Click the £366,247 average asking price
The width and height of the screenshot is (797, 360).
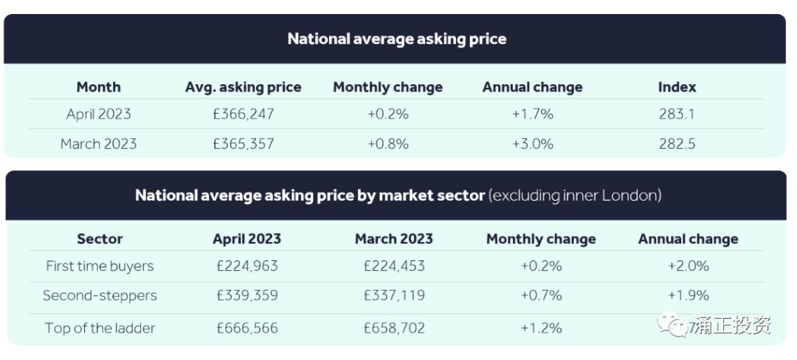tap(243, 114)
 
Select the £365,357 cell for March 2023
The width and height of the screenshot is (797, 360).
tap(243, 144)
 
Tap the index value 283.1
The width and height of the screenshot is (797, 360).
tap(677, 114)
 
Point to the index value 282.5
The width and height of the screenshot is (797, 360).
tap(677, 144)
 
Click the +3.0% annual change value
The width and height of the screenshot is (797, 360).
tap(532, 144)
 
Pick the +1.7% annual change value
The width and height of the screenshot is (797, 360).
tap(532, 114)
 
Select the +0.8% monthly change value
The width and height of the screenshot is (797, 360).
tap(387, 144)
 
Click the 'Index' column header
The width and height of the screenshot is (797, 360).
tap(677, 87)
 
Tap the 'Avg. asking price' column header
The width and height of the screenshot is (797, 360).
tap(243, 87)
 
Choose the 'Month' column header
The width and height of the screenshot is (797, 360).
tap(98, 87)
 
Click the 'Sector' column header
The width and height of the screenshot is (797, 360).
tap(100, 239)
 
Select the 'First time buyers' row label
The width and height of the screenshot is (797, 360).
tap(100, 266)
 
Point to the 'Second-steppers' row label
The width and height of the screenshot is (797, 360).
tap(100, 296)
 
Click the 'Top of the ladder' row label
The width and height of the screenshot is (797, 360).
tap(100, 328)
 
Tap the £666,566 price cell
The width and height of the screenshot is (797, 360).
tap(246, 328)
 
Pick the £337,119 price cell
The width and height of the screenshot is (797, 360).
tap(394, 296)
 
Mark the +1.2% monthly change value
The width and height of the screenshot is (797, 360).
tap(541, 328)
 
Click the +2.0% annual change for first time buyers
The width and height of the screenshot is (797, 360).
tap(688, 266)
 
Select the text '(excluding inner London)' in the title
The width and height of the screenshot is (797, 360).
tap(576, 196)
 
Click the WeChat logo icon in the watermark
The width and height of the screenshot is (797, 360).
tap(672, 325)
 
